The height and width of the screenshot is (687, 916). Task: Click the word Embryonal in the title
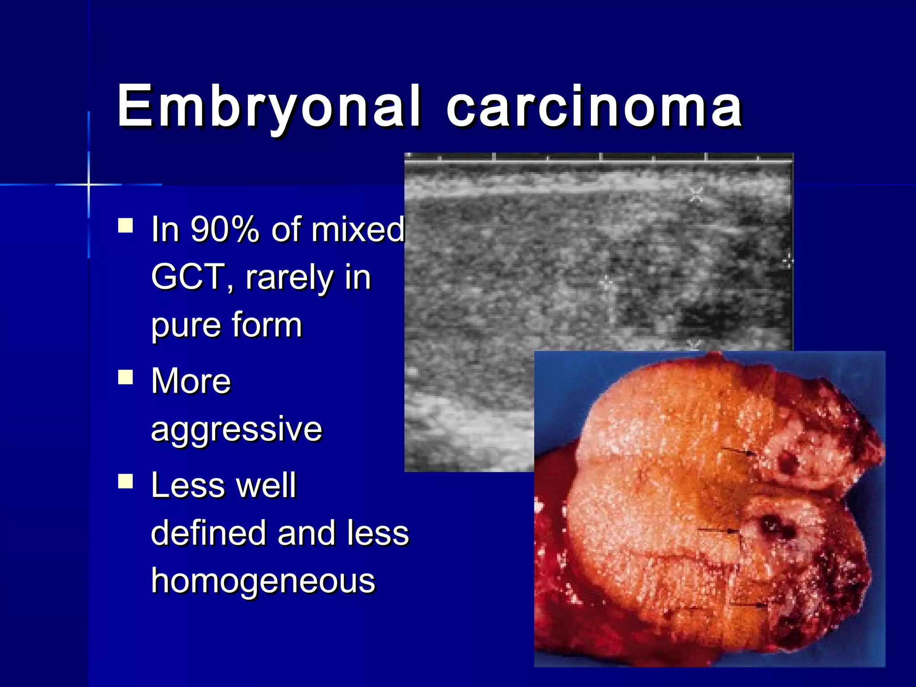point(268,107)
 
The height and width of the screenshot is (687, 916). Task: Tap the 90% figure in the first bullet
point(225,229)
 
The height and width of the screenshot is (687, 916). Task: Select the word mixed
point(358,229)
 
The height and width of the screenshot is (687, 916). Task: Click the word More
point(191,381)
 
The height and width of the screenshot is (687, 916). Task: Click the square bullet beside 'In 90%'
point(126,225)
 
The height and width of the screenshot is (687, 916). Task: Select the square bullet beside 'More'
point(126,377)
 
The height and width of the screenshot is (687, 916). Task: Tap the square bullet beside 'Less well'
point(126,482)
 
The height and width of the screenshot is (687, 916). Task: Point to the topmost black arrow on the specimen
point(738,452)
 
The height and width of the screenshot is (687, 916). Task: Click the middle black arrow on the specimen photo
point(718,531)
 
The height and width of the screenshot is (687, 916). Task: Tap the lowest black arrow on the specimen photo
point(749,605)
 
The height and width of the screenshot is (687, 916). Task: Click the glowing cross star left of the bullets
point(89,184)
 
